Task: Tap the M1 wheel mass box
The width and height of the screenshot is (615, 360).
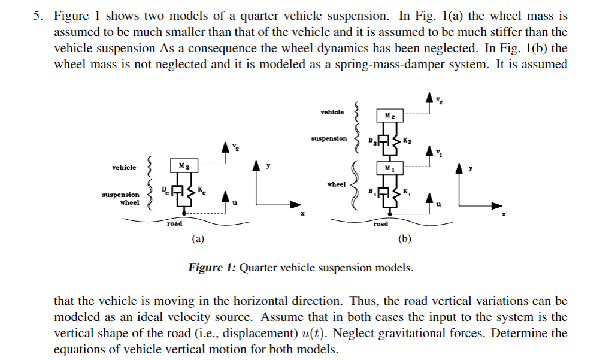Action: pos(389,168)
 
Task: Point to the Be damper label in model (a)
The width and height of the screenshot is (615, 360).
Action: pos(164,189)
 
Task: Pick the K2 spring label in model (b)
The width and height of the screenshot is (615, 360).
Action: pos(407,141)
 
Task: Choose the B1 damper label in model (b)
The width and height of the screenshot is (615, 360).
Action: pos(372,192)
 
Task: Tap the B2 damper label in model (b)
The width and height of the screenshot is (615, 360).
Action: pos(372,141)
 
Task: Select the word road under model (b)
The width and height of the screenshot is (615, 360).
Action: pos(380,223)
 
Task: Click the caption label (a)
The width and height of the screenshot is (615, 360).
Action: pos(198,239)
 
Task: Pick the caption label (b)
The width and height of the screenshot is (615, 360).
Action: pos(405,239)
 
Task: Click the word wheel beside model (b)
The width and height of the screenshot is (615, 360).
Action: pos(336,184)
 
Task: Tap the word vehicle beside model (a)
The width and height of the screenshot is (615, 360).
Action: pos(124,167)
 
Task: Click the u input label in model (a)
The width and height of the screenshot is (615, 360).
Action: pos(235,204)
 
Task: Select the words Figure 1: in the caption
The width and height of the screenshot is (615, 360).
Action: pos(212,267)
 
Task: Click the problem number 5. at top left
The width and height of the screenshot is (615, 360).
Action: pos(38,16)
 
